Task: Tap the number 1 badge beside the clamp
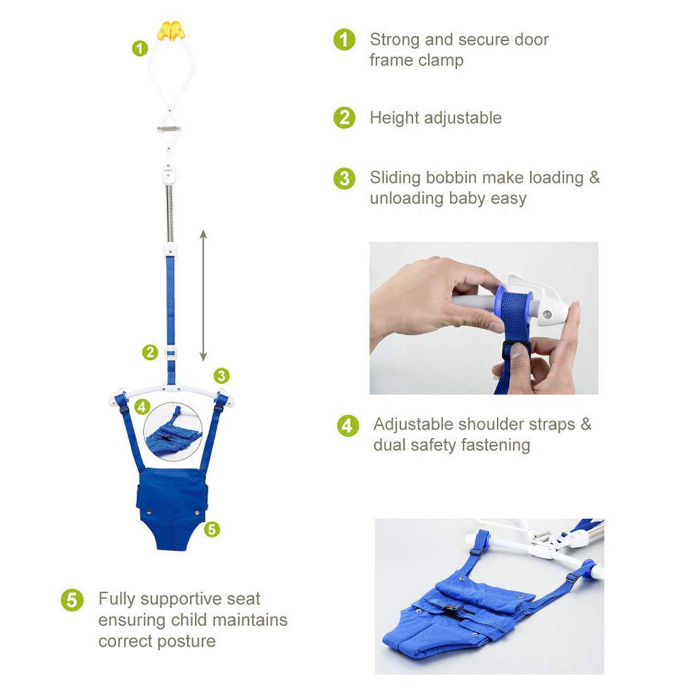point(140,48)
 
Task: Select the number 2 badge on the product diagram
point(150,352)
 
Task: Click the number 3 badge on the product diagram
point(222,376)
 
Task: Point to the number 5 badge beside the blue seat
point(212,529)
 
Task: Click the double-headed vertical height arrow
point(203,295)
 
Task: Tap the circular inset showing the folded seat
point(173,432)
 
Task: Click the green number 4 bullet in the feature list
point(348,426)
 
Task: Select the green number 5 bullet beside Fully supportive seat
point(72,600)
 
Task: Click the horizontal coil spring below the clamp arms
point(169,129)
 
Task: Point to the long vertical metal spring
point(170,213)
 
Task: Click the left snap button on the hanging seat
point(148,511)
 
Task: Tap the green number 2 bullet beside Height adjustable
point(344,117)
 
